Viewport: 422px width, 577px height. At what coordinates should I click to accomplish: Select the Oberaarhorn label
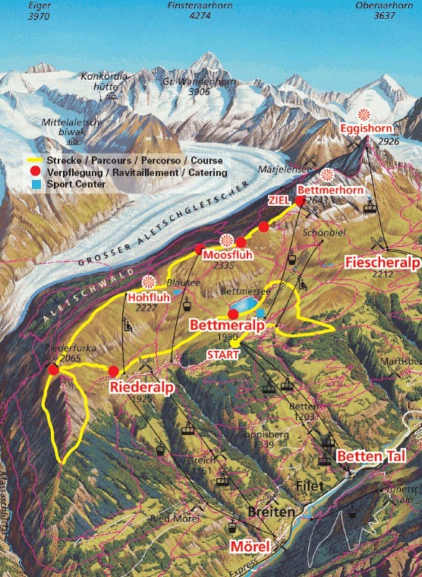click(385, 5)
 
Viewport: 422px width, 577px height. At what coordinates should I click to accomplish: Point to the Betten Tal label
click(371, 456)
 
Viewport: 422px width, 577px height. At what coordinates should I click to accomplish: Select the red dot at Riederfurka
click(54, 370)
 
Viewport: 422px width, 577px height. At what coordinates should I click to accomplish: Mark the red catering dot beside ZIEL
click(300, 201)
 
